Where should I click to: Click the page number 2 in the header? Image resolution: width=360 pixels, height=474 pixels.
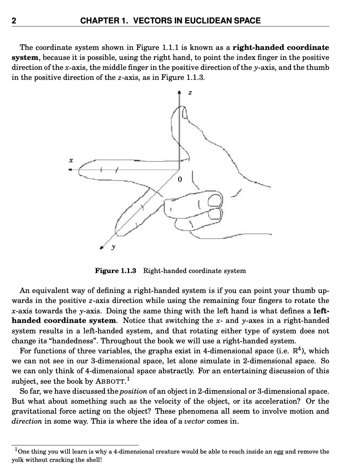tap(14, 20)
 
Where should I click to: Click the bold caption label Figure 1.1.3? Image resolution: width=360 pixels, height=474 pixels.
tap(115, 271)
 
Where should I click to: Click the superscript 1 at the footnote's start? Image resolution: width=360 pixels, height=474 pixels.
tap(16, 450)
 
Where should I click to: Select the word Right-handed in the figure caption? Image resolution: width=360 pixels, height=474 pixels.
tap(162, 271)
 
